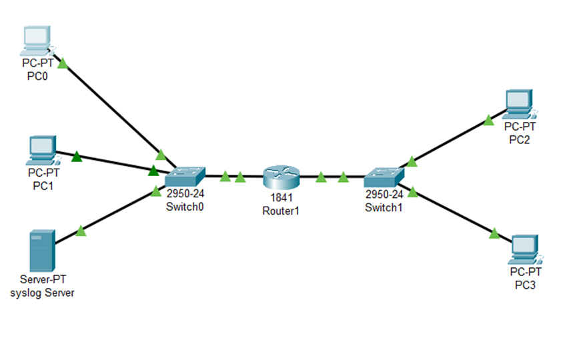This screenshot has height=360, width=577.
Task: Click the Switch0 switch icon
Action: coord(185,176)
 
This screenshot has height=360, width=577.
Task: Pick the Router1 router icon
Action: coord(281,176)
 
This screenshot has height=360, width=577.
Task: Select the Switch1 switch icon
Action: coord(384,177)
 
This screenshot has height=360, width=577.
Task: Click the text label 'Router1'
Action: coord(281,209)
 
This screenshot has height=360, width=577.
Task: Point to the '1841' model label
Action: coord(281,197)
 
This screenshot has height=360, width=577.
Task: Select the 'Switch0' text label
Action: coord(184,207)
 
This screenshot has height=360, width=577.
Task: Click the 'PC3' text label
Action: coord(525,285)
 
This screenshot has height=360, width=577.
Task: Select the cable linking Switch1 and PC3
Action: coord(454,213)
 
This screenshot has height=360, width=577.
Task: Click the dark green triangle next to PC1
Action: coord(76,157)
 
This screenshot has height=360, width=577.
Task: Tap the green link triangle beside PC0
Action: coord(63,64)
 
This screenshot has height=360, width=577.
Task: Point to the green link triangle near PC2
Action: coord(488,121)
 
